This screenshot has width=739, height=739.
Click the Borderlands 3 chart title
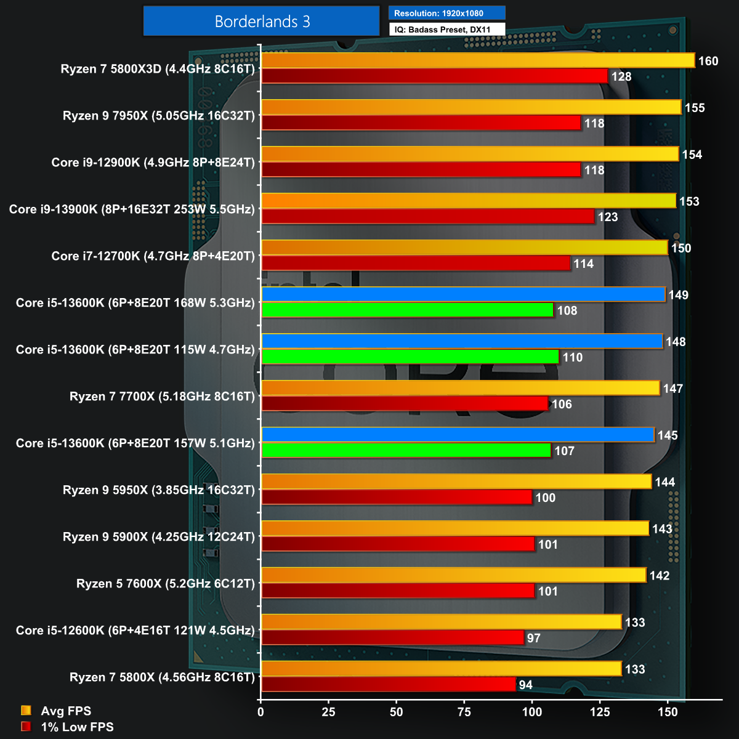point(261,22)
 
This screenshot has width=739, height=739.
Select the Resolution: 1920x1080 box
point(446,13)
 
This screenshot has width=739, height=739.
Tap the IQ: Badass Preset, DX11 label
point(446,30)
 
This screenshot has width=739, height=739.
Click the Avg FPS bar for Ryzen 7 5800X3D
point(478,60)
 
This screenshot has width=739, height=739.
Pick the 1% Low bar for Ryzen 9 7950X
point(421,123)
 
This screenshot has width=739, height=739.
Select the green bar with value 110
point(410,357)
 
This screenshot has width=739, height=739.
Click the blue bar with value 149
point(463,294)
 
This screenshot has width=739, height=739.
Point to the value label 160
point(708,61)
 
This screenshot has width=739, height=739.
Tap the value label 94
point(526,685)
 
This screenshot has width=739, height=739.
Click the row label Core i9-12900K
point(153,163)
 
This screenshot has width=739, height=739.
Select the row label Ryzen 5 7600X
point(165,584)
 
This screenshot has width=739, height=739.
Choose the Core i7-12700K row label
point(153,256)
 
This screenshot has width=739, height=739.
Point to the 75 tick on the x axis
point(464,713)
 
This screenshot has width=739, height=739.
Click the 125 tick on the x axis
point(600,713)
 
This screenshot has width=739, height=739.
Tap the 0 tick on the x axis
point(261,713)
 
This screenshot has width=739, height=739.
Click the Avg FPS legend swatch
point(26,711)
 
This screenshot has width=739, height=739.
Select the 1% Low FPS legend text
point(77,727)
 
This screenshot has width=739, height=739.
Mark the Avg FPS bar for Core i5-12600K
point(442,622)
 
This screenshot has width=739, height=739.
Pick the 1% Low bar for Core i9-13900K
point(427,217)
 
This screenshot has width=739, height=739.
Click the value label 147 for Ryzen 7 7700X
point(673,389)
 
